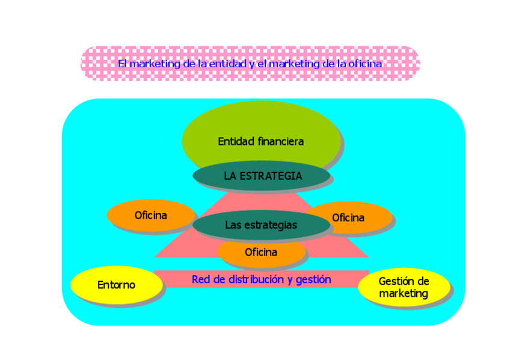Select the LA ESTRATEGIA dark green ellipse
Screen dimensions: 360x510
coord(262,176)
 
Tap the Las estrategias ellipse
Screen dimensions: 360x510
coord(261,225)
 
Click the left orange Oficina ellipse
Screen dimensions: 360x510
coord(151,215)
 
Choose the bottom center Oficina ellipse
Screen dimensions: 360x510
coord(261,252)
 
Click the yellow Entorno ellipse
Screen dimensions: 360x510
coord(117,285)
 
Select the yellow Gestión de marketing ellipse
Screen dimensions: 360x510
coord(404,287)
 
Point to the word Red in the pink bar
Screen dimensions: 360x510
coord(201,279)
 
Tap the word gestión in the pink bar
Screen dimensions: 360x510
coord(313,279)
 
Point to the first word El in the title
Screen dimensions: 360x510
coord(122,63)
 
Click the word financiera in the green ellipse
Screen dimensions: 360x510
coord(280,142)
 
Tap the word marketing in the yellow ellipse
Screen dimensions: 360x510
coord(404,294)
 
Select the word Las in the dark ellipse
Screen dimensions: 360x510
coord(233,225)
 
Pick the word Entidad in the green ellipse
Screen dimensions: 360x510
coord(236,142)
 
